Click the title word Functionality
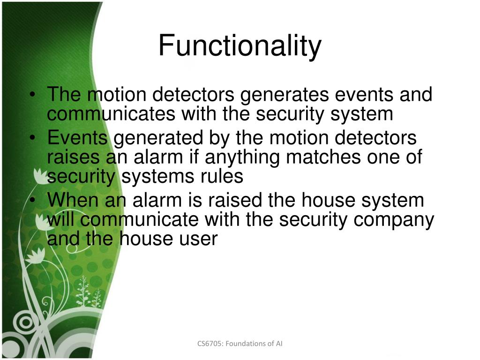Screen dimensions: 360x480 click(x=240, y=46)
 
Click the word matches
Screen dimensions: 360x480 click(x=323, y=157)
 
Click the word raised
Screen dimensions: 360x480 click(x=236, y=201)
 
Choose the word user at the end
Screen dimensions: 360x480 click(x=199, y=239)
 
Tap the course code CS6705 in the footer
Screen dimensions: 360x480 click(x=210, y=344)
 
